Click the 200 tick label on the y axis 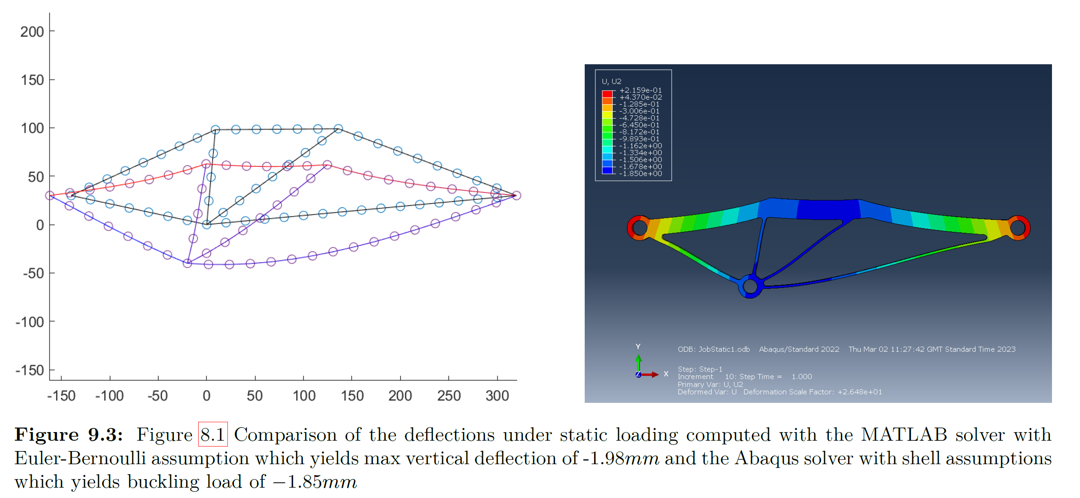point(32,31)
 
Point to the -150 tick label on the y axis point(29,371)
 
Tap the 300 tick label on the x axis point(497,396)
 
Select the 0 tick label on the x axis point(206,396)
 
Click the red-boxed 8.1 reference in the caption point(213,434)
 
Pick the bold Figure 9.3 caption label point(68,434)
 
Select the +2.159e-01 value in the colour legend point(640,90)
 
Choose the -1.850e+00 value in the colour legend point(640,173)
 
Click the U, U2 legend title point(611,81)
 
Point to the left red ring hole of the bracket point(640,228)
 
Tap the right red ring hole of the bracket point(1017,228)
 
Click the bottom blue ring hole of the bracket point(750,287)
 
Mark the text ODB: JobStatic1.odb point(714,349)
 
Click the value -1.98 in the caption point(603,458)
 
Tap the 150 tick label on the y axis point(32,79)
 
